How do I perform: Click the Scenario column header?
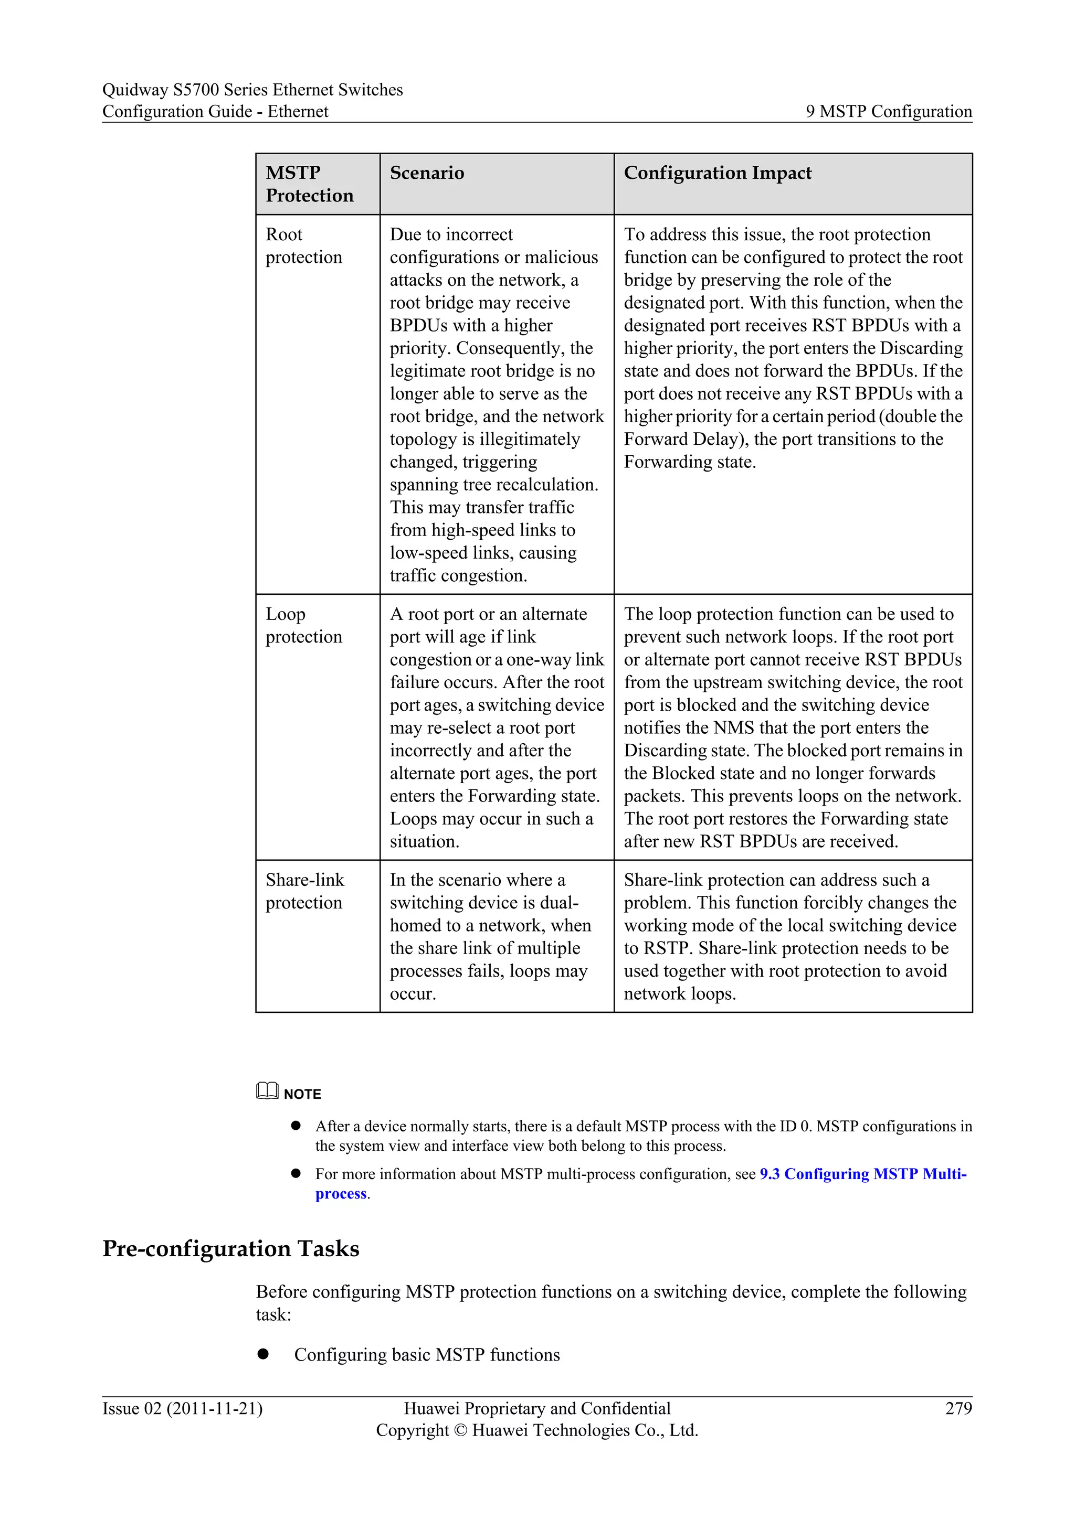point(427,173)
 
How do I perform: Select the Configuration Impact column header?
point(718,173)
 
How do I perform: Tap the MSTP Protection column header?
point(309,184)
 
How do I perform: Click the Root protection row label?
point(303,245)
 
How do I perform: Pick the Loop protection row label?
point(303,625)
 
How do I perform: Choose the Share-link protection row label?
point(304,891)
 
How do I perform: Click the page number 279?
point(958,1408)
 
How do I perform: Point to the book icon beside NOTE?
point(267,1091)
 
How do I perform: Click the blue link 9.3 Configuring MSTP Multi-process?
point(862,1174)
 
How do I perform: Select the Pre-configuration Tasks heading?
point(230,1248)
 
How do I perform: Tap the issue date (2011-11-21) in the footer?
point(215,1408)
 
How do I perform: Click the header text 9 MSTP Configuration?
point(888,111)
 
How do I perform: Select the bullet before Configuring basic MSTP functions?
point(264,1354)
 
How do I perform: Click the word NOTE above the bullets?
point(302,1094)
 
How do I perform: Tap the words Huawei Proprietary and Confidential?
point(537,1408)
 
